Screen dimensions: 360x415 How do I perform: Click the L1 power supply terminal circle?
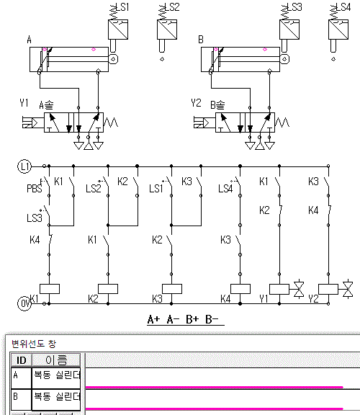click(24, 166)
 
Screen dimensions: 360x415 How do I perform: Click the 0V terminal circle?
click(24, 303)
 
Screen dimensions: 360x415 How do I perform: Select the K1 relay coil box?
click(50, 289)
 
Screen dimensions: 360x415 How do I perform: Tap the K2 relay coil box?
click(108, 289)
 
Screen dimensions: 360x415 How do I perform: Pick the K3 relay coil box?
click(172, 289)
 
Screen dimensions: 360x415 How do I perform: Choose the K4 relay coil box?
click(240, 289)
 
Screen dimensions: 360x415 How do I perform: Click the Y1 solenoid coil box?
click(279, 290)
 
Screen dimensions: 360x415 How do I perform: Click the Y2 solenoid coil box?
click(328, 290)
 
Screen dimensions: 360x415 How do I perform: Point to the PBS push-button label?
click(35, 189)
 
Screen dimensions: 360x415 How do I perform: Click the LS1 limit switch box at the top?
click(118, 30)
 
